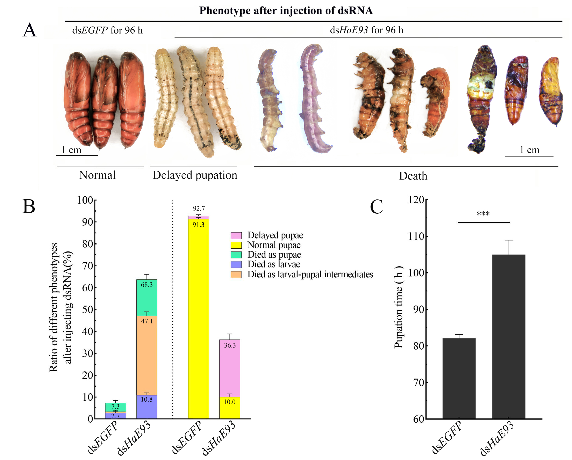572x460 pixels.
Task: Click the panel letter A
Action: click(29, 30)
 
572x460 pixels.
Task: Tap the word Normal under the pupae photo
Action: click(97, 175)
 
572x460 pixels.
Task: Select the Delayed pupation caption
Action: click(195, 175)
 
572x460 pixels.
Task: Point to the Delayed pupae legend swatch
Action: click(236, 235)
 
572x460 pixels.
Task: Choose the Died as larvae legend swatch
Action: click(236, 264)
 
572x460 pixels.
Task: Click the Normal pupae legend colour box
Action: click(236, 245)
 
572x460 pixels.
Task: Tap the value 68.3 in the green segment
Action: click(147, 285)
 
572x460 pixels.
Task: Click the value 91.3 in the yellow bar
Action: click(198, 225)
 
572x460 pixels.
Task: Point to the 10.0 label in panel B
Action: click(230, 402)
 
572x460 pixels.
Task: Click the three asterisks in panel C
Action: click(483, 214)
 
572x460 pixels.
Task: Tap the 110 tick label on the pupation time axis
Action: click(416, 236)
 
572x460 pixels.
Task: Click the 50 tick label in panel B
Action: click(88, 309)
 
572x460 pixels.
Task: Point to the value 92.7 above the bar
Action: click(199, 208)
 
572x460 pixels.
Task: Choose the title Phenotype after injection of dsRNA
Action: click(286, 11)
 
